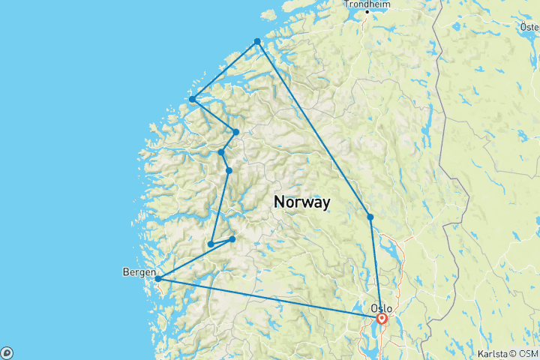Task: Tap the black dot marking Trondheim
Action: click(367, 12)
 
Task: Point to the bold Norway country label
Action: click(302, 202)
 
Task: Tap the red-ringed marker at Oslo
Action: click(382, 319)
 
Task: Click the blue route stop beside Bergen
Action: click(158, 279)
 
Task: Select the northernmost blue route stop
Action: click(257, 41)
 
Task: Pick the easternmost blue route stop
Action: click(370, 217)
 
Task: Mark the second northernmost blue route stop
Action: click(193, 99)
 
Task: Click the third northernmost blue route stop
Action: click(236, 132)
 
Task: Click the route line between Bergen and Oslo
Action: click(270, 299)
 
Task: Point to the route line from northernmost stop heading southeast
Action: click(313, 128)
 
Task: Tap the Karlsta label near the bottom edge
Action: click(490, 352)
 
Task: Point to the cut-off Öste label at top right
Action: click(529, 27)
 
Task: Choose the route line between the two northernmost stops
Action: click(225, 70)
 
